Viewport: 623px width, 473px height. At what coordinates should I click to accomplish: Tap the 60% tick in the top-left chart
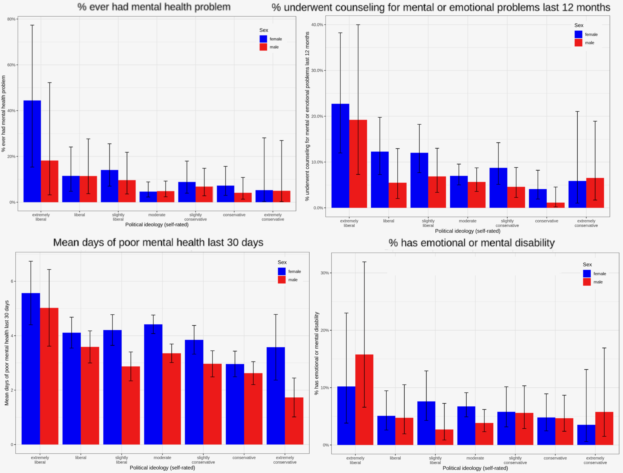(x=11, y=65)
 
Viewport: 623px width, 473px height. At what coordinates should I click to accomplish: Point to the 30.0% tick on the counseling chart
(x=317, y=71)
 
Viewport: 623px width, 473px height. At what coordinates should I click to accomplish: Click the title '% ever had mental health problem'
(x=154, y=7)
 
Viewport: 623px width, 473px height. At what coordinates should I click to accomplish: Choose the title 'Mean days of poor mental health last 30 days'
(x=158, y=242)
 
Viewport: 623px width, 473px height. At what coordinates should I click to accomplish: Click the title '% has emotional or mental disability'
(x=471, y=243)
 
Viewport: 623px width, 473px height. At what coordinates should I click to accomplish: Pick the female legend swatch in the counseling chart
(x=578, y=34)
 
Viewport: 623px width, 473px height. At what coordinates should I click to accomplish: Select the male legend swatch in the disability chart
(x=587, y=282)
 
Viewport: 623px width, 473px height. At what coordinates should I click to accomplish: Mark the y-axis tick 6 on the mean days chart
(x=12, y=281)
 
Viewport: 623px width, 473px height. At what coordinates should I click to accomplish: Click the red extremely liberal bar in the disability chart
(x=364, y=400)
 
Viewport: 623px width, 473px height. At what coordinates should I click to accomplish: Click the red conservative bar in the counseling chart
(x=555, y=205)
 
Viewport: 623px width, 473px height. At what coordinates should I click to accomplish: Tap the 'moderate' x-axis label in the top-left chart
(x=157, y=215)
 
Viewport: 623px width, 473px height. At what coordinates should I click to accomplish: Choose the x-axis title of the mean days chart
(x=162, y=468)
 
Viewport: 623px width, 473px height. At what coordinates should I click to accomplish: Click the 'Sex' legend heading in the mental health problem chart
(x=264, y=30)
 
